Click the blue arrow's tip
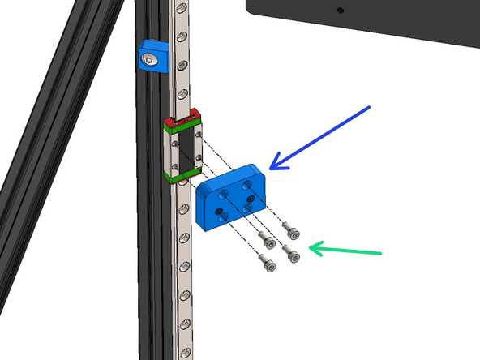click(271, 169)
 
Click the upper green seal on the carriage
click(182, 126)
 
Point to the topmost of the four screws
click(291, 230)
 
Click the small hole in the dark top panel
click(340, 11)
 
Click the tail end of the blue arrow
click(369, 106)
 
